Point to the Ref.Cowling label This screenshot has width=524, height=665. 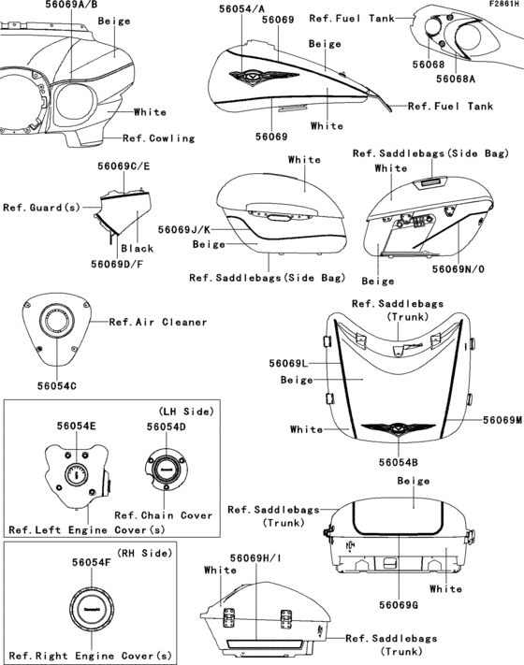point(159,138)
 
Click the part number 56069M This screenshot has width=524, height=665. point(502,420)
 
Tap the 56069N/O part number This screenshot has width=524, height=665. point(458,268)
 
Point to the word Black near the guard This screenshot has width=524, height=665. point(136,249)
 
